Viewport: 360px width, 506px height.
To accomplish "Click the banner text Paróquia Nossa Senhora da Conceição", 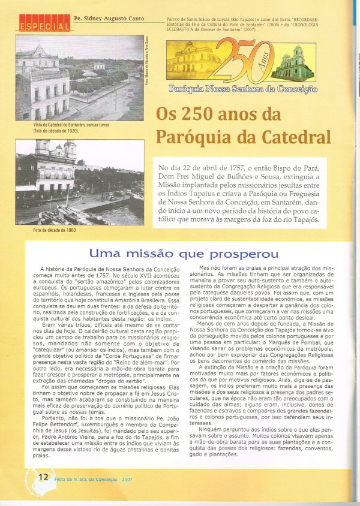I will [242, 89].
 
